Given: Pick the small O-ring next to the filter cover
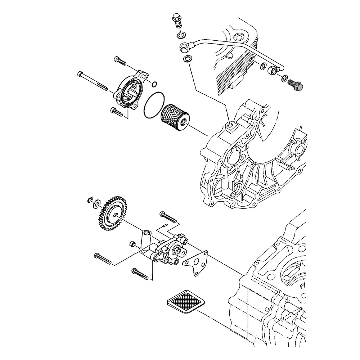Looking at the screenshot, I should point(154,85).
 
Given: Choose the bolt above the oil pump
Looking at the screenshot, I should point(168,217).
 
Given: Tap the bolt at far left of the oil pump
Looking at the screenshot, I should point(103,258).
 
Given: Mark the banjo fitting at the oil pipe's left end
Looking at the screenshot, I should point(184,46).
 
